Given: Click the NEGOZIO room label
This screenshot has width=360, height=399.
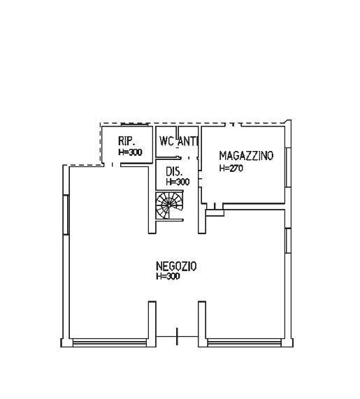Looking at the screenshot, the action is pos(176,266).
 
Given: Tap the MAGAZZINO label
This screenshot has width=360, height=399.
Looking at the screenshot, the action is pos(246,156).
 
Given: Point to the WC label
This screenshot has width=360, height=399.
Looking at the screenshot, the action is pos(166,141).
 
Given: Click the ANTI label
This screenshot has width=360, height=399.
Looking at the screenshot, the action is pos(188,141).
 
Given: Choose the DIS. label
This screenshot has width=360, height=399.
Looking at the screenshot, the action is pos(174,172).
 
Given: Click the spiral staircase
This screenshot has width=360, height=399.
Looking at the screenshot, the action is pos(169,205).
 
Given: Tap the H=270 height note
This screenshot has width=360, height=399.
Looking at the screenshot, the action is pos(231,168).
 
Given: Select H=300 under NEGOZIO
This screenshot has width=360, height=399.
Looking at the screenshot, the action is pos(168,276).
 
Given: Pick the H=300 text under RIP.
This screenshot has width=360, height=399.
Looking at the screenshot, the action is pos(130,152).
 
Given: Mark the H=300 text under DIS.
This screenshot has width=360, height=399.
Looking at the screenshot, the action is pos(178,182).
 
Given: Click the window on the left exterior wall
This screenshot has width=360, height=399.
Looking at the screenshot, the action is pos(66,215).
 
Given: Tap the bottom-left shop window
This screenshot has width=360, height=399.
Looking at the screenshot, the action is pos(110,342).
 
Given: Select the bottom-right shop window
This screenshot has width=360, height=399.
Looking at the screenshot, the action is pos(245,342).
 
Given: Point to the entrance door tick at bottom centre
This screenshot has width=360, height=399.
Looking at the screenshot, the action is pos(177,336).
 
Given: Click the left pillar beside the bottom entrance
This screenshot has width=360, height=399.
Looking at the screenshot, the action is pos(152,324).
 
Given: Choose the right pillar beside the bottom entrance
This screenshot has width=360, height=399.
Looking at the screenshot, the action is pos(202,324).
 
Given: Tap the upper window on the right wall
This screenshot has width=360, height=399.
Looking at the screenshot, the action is pos(288,168).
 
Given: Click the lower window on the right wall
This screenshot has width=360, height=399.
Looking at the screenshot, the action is pos(288,240).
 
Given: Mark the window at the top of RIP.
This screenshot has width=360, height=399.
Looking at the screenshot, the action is pos(134,124).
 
